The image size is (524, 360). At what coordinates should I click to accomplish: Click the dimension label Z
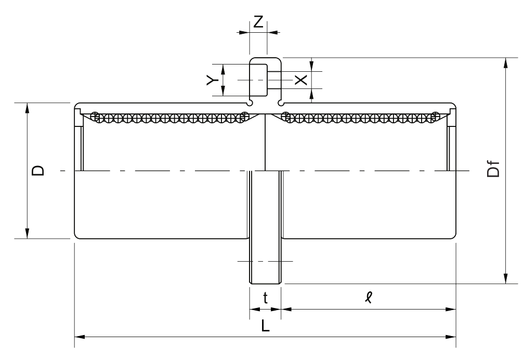click(259, 22)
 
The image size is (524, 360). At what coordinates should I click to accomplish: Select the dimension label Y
click(212, 80)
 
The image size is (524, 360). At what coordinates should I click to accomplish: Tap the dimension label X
click(301, 80)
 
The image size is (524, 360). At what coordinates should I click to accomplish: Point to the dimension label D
click(38, 170)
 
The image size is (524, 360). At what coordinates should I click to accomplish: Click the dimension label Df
click(493, 169)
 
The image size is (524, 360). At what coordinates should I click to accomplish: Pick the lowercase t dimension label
click(265, 298)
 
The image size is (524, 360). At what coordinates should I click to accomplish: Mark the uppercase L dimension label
click(265, 326)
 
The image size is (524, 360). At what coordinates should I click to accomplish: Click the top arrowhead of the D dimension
click(27, 108)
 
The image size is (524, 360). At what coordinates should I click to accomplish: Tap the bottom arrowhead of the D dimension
click(27, 234)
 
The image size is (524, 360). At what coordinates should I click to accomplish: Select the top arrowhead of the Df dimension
click(506, 62)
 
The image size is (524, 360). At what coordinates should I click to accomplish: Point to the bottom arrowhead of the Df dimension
click(506, 279)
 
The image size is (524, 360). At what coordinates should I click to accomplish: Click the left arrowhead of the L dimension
click(80, 337)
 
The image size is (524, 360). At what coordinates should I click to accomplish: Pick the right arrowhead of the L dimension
click(451, 337)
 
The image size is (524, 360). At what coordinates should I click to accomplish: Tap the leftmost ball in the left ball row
click(96, 117)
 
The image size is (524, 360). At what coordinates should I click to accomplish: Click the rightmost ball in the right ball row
click(435, 117)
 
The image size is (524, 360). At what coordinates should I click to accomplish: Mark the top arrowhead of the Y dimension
click(224, 69)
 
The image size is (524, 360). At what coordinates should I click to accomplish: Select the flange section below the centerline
click(265, 227)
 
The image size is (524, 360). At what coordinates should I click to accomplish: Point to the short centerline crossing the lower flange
click(265, 261)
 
